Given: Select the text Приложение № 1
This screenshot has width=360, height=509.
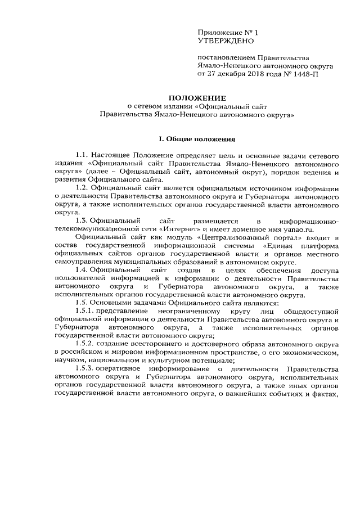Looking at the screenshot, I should pyautogui.click(x=224, y=32).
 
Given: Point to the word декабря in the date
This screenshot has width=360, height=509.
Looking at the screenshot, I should pyautogui.click(x=235, y=74).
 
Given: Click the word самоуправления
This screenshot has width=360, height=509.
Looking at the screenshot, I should pyautogui.click(x=80, y=262).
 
